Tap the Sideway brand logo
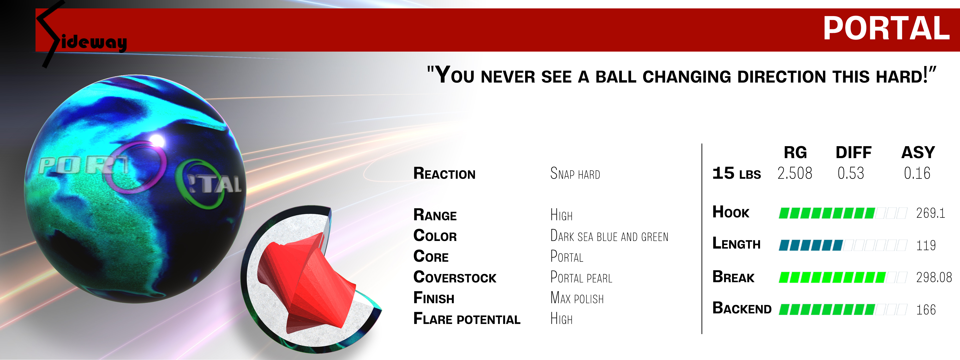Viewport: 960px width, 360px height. (x=82, y=36)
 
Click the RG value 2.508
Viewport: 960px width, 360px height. (x=795, y=173)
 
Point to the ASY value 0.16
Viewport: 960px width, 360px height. (x=917, y=173)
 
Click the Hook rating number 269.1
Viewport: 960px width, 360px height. (x=930, y=213)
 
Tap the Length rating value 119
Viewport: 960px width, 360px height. (x=926, y=245)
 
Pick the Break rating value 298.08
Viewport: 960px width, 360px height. (x=934, y=277)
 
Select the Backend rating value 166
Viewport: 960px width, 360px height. (x=926, y=310)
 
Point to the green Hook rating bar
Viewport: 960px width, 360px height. (x=827, y=213)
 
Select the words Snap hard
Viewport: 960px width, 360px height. (x=575, y=174)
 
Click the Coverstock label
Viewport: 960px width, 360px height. (x=455, y=277)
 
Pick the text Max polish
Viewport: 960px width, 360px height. (x=577, y=298)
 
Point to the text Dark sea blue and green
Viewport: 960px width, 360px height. (x=609, y=236)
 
